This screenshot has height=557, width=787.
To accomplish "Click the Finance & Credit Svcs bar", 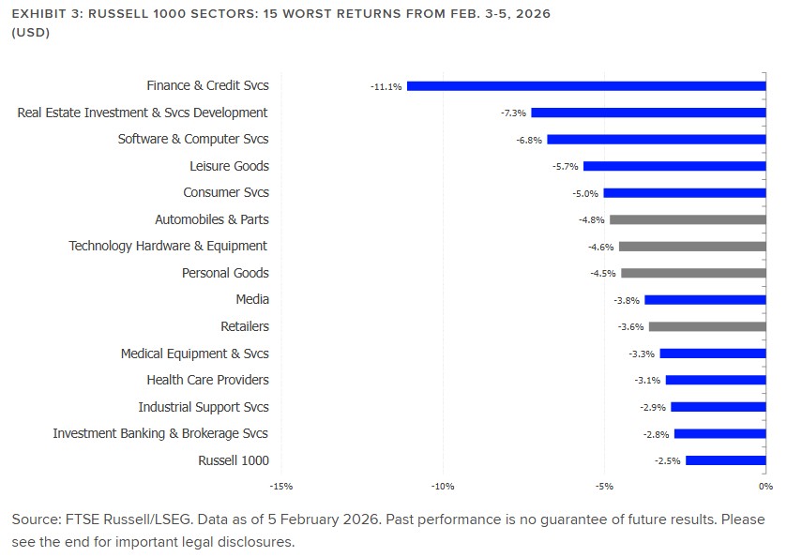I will click(x=586, y=86).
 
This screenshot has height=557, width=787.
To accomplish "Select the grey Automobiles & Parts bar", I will click(x=688, y=220).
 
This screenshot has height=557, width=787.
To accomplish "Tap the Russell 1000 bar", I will click(x=726, y=460).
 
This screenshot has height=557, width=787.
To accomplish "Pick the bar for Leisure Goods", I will click(x=674, y=167).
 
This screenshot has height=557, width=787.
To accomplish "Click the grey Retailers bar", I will click(x=707, y=327).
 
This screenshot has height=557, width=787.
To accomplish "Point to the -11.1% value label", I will click(x=386, y=86).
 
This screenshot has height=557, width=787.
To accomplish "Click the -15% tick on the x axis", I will click(x=280, y=486).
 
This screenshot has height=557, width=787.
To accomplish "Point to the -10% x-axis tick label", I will click(x=442, y=486).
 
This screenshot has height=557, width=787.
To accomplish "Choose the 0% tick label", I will click(x=765, y=486).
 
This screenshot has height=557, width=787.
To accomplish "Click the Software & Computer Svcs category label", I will click(x=192, y=140).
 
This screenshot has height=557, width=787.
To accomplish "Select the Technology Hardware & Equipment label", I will click(x=168, y=247).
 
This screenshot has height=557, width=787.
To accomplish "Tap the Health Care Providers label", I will click(x=207, y=381).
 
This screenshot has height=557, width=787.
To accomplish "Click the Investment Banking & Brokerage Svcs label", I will click(x=159, y=434).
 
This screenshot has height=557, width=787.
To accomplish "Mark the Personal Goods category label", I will click(x=225, y=274).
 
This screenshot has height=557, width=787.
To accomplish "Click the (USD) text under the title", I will click(x=30, y=33).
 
